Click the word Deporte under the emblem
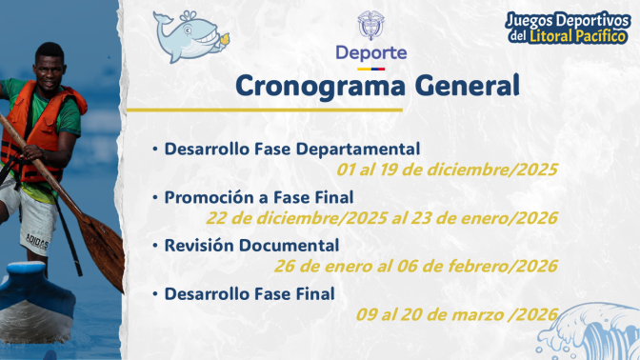pos(370,52)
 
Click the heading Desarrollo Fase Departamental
pos(291,149)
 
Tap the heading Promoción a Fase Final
pos(258,197)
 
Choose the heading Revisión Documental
pos(251,246)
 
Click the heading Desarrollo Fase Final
pos(249,294)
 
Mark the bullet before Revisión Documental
pos(155,246)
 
